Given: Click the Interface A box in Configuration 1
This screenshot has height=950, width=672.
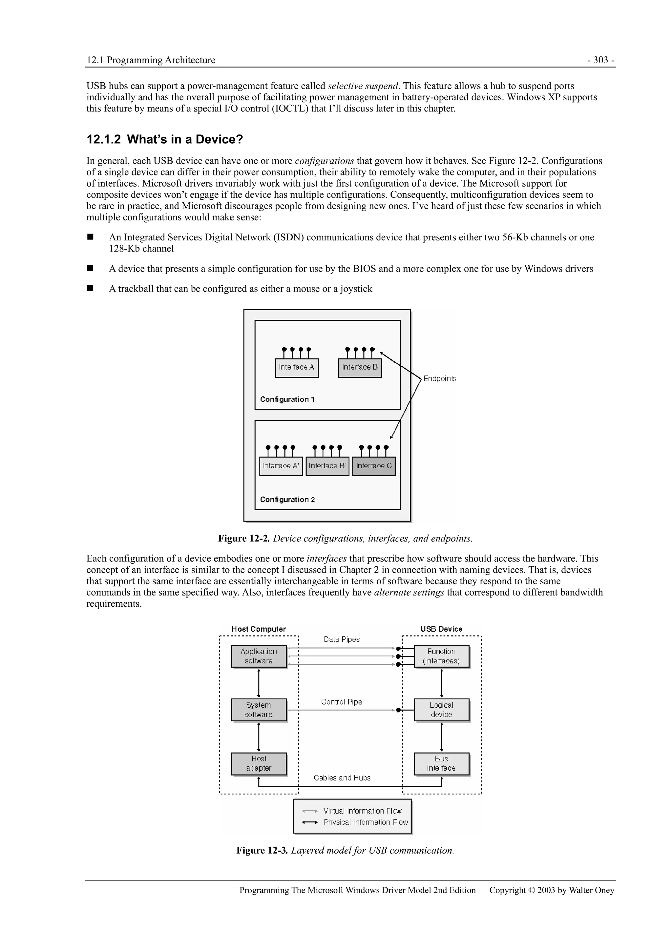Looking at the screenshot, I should pos(296,367).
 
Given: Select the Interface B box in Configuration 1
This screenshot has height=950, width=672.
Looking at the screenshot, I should pos(360,367).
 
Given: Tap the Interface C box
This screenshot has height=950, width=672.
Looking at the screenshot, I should pos(374,466).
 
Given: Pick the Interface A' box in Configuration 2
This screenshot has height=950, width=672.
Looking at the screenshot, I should pos(281,466).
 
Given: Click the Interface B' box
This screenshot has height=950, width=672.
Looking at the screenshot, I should pos(327,466).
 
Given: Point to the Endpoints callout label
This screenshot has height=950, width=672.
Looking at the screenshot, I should pos(440,379).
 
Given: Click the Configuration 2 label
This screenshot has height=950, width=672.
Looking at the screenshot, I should pos(287,499).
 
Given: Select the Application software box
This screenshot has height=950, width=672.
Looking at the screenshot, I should pos(259,656).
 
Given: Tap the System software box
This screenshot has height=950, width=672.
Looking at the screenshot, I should pos(259,710).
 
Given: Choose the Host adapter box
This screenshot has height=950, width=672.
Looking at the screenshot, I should pos(259,763).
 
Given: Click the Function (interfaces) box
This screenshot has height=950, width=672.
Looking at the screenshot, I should pos(441,656).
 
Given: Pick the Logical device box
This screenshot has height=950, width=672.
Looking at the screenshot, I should pos(441,710).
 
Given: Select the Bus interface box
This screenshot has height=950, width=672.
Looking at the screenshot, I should pos(441,763).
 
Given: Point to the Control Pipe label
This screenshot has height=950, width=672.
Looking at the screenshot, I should pos(342,702).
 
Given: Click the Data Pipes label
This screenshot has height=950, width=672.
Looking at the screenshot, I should pos(342,639).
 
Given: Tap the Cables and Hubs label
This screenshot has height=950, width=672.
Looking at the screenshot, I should pos(342,778).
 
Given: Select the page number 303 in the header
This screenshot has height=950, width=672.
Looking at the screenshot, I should pos(601,60).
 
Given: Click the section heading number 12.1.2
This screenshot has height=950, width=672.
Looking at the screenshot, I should pos(103,139).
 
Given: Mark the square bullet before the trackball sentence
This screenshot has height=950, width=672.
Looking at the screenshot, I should pos(90,288).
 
